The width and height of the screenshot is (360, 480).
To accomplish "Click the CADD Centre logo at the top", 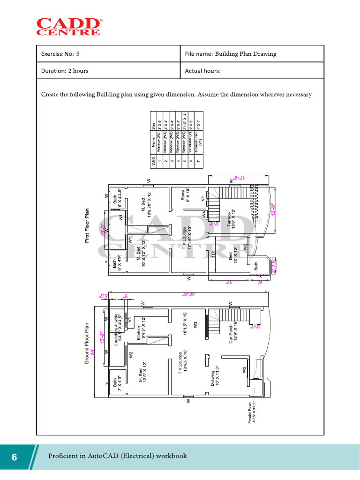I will click(x=68, y=26).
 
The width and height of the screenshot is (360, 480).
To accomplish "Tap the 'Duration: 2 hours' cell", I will click(x=65, y=71).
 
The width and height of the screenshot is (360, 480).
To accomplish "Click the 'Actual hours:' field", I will click(x=202, y=71).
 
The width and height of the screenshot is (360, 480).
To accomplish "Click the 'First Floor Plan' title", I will click(x=87, y=226).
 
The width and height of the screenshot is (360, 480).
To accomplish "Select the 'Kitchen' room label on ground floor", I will click(x=138, y=333).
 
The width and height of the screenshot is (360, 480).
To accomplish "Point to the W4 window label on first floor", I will click(x=204, y=214).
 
